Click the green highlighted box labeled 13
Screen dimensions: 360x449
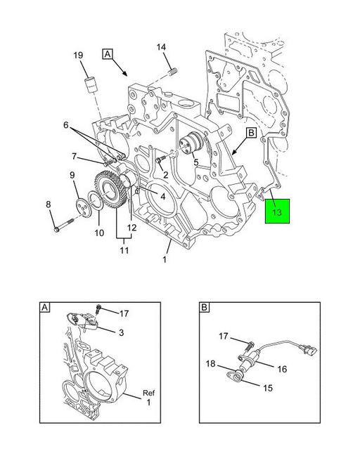(x=277, y=211)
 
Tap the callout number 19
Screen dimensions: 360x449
(x=78, y=55)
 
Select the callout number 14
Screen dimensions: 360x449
(x=161, y=47)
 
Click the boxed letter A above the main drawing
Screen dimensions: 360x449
(x=108, y=54)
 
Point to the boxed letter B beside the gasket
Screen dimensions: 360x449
(x=251, y=133)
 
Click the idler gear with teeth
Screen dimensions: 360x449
(x=111, y=190)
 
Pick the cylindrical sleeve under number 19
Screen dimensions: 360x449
(x=92, y=84)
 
